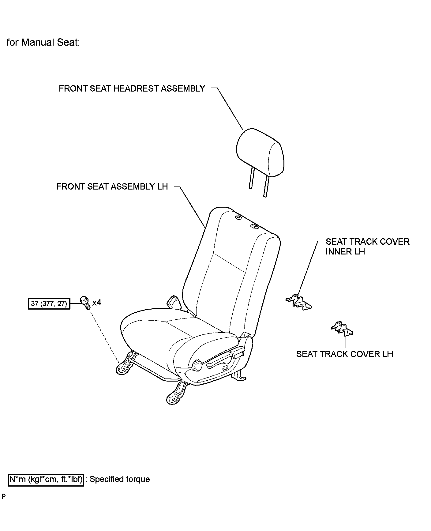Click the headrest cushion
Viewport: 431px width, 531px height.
click(x=260, y=153)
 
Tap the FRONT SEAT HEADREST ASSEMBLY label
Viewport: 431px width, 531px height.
click(x=132, y=88)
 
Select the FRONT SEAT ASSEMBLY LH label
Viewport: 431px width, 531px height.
click(x=112, y=186)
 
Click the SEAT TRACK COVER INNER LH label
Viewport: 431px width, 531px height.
click(x=367, y=247)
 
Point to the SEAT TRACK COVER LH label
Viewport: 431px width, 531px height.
click(x=344, y=354)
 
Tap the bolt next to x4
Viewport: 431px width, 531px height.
click(x=85, y=302)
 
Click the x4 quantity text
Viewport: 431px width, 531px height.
click(x=97, y=303)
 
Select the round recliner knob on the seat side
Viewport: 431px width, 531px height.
click(x=197, y=365)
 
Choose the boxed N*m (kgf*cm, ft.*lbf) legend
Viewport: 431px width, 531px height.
click(x=46, y=479)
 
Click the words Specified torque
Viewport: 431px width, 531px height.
click(x=120, y=479)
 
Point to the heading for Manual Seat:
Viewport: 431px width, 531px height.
click(x=43, y=42)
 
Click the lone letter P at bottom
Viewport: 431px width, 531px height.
click(x=3, y=496)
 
